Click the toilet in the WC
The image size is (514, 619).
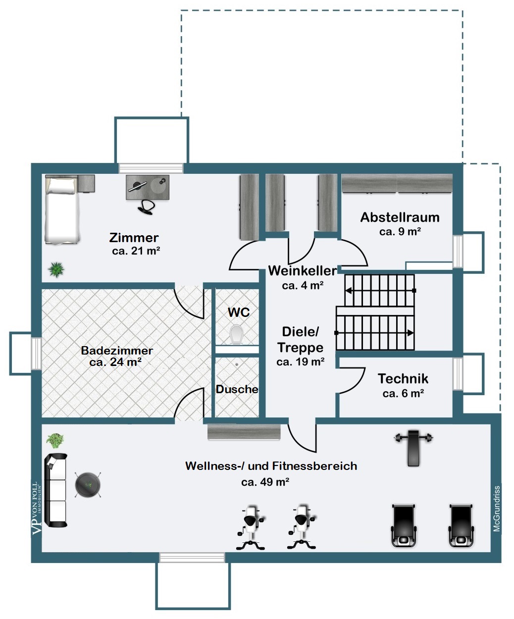coord(237,334)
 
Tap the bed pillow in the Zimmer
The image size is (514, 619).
coord(62,186)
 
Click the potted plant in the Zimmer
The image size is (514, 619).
coord(56,269)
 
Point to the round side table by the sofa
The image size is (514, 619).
coord(88,485)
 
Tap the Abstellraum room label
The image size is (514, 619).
coord(400,217)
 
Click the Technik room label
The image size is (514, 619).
coord(403,379)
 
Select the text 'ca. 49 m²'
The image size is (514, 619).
coord(265,482)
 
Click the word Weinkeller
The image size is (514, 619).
coord(303,271)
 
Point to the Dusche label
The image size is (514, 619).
coord(237,389)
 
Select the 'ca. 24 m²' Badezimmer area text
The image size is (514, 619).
coord(115,362)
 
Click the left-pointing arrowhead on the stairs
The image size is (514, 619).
coord(349,291)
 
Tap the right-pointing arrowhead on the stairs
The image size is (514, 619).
coord(411,333)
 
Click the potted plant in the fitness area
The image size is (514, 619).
coord(55,441)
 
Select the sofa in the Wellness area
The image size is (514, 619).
coord(55,490)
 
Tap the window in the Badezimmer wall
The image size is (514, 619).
coord(37,354)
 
